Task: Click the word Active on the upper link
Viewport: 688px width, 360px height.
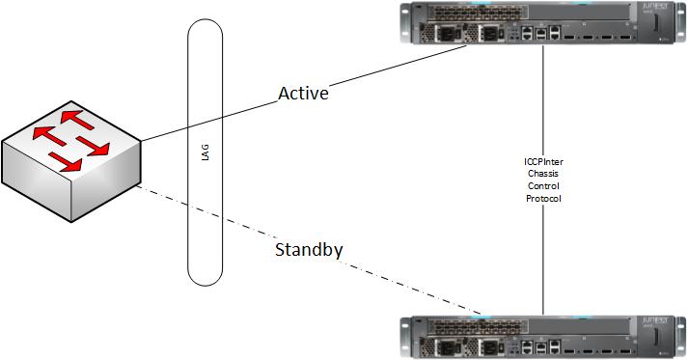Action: pyautogui.click(x=303, y=94)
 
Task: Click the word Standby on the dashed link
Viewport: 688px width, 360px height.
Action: pyautogui.click(x=309, y=251)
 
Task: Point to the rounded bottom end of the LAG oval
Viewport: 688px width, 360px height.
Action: pyautogui.click(x=210, y=276)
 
